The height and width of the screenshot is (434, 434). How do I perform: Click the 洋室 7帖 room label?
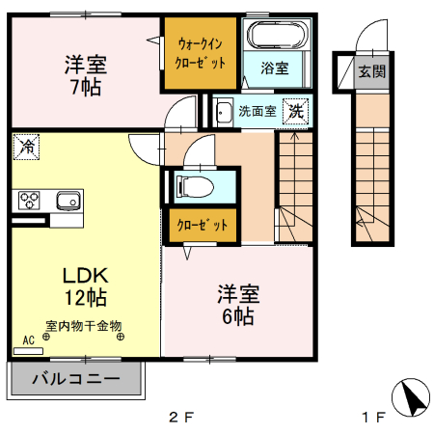pyautogui.click(x=86, y=74)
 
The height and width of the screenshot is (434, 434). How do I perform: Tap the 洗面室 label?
pyautogui.click(x=258, y=111)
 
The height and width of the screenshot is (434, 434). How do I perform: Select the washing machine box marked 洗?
pyautogui.click(x=297, y=111)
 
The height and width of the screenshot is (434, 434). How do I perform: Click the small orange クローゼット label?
pyautogui.click(x=202, y=226)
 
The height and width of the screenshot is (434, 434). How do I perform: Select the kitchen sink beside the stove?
pyautogui.click(x=67, y=201)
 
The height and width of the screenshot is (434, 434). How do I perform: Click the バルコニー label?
pyautogui.click(x=76, y=379)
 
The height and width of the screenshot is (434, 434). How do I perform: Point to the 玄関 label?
pyautogui.click(x=371, y=71)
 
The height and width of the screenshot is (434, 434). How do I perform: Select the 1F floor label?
pyautogui.click(x=373, y=418)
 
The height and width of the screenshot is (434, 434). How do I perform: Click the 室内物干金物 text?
pyautogui.click(x=83, y=326)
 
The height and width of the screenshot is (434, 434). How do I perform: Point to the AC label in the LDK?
pyautogui.click(x=28, y=340)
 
